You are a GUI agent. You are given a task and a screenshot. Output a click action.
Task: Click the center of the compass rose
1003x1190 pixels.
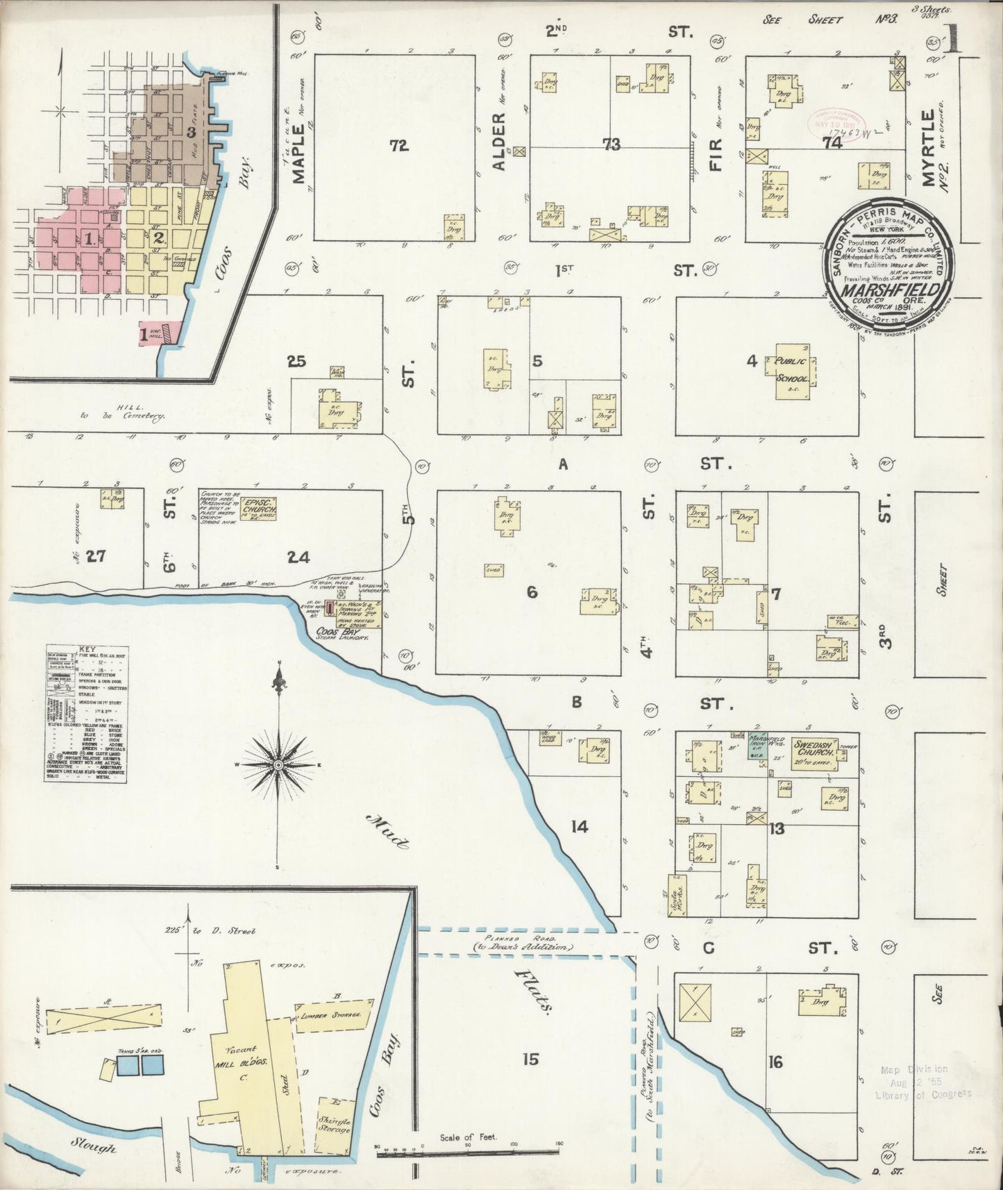point(278,764)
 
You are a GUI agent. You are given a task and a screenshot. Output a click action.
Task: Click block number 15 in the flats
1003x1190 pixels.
point(530,1059)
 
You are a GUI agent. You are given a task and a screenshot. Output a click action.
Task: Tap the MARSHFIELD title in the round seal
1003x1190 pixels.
point(890,290)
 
